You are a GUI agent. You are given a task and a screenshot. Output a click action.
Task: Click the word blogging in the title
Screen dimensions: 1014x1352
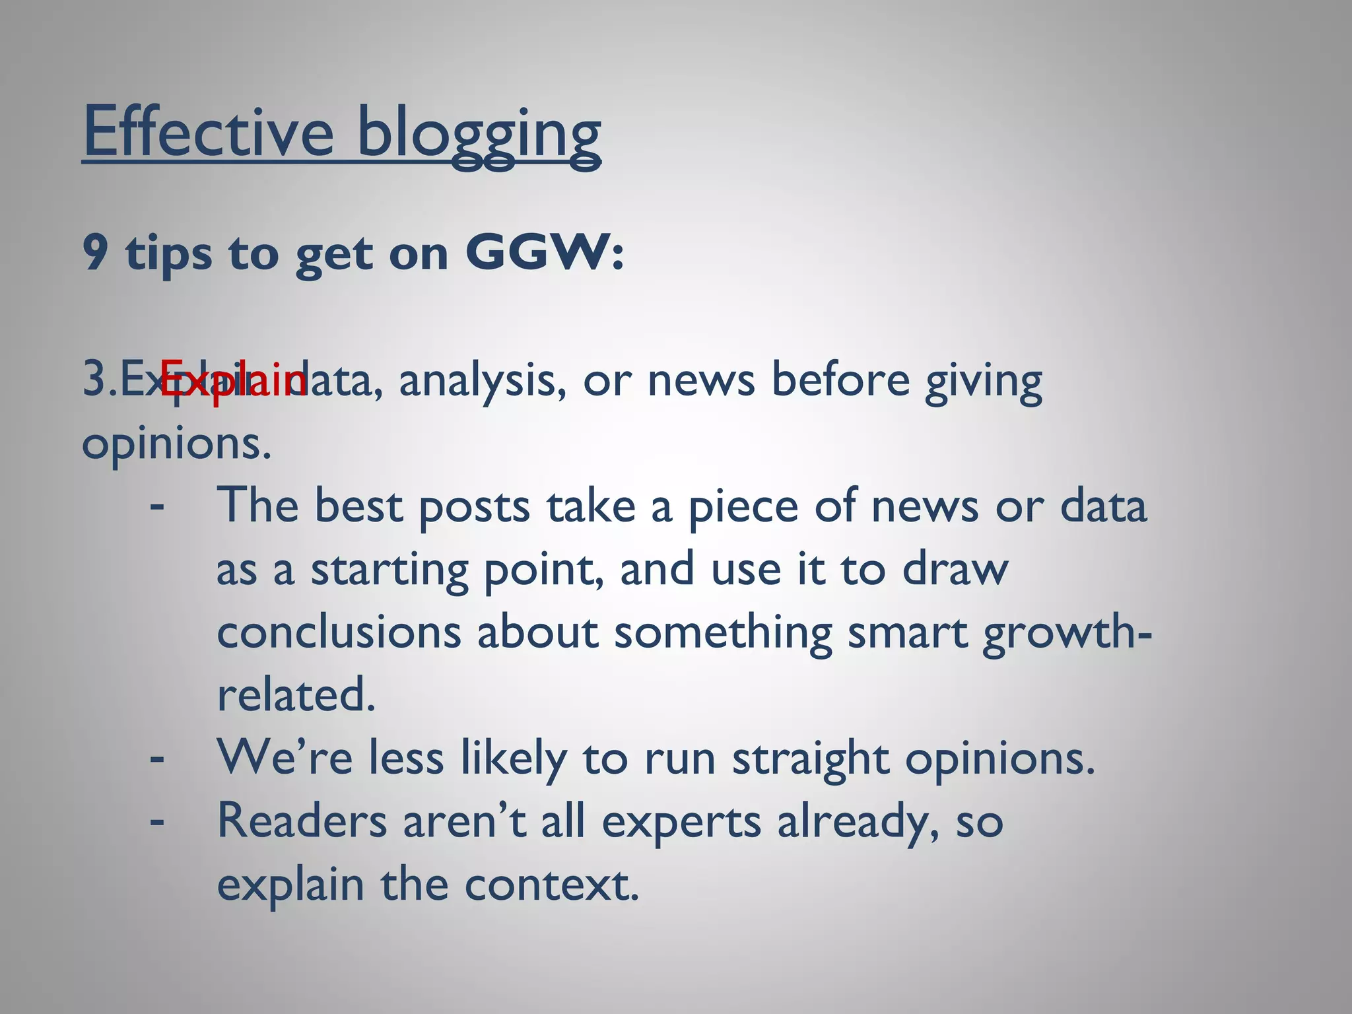[478, 135]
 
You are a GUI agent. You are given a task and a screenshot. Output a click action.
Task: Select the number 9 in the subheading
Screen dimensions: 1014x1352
[95, 253]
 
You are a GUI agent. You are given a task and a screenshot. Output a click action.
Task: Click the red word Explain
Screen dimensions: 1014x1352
[232, 382]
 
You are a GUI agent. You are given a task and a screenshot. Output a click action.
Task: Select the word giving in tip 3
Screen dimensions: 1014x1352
[983, 383]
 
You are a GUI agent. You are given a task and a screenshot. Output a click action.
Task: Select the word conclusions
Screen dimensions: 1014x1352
[339, 632]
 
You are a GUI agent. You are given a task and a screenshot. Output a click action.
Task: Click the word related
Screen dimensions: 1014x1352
[296, 695]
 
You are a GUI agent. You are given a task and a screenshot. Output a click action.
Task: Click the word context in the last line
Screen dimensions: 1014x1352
[551, 885]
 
